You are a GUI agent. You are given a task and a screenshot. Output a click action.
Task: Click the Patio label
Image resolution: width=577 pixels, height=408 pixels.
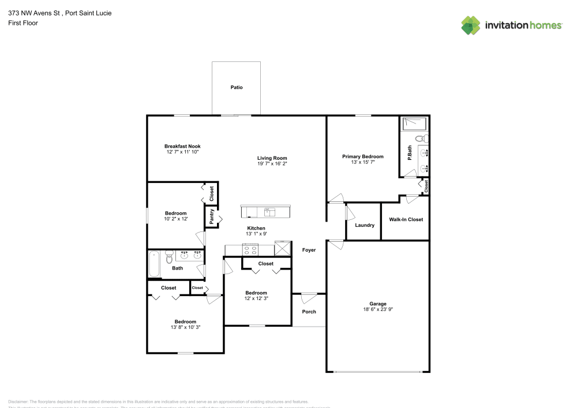[x=237, y=88]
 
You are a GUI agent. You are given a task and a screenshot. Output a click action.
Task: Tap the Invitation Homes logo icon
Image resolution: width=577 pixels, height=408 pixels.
[x=471, y=25]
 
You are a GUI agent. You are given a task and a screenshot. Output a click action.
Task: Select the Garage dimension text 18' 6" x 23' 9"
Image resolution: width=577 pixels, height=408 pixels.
[x=378, y=309]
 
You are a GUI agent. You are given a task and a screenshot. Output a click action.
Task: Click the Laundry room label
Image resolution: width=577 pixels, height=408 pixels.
[x=365, y=225]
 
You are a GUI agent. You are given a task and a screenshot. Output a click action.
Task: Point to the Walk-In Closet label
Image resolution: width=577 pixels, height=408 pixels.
[x=406, y=219]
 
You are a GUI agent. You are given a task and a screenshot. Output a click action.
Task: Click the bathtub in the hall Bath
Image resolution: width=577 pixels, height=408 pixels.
[x=153, y=263]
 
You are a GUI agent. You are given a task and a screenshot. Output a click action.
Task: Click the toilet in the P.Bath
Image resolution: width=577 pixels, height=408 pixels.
[x=423, y=139]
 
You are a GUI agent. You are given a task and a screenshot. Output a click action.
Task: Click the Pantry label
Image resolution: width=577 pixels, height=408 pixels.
[x=212, y=217]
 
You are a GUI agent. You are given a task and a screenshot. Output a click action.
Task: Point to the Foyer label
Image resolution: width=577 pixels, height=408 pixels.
[x=309, y=250]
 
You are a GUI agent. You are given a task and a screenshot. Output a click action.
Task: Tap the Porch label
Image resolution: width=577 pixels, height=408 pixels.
[x=309, y=312]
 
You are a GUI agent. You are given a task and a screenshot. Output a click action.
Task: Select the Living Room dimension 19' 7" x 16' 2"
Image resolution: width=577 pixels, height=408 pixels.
[x=272, y=164]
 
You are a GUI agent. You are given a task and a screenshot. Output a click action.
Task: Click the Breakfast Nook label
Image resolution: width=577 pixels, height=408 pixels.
[x=182, y=146]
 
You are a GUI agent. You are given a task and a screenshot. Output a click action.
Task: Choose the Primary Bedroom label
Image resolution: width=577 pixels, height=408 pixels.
[x=362, y=156]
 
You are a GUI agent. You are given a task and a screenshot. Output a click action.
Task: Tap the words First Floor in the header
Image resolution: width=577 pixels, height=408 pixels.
[x=23, y=23]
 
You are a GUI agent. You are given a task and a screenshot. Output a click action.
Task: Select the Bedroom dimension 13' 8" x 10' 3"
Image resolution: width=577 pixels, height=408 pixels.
[x=185, y=327]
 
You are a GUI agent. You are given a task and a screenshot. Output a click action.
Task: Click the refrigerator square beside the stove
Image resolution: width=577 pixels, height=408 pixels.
[x=283, y=248]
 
